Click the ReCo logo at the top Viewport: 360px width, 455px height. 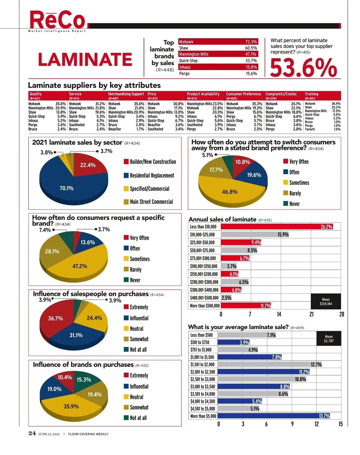(x=58, y=20)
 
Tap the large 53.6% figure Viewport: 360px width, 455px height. (x=304, y=68)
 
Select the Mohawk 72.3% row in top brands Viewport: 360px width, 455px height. (x=218, y=42)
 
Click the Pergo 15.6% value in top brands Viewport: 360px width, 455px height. (x=251, y=74)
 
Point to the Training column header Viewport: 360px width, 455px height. (x=312, y=94)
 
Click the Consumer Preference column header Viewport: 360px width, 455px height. (x=243, y=94)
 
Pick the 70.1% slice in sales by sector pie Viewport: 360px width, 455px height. (x=66, y=188)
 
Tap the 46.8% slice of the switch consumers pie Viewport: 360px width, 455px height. (x=229, y=192)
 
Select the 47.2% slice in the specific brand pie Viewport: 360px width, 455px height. (x=79, y=266)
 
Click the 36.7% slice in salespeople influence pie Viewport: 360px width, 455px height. (x=55, y=318)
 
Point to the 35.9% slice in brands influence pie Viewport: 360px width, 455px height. (x=71, y=406)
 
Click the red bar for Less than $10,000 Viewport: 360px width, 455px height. (x=277, y=227)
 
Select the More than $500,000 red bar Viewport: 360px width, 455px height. (x=246, y=306)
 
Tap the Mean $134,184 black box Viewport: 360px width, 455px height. (x=326, y=301)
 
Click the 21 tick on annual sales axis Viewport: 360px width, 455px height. (x=311, y=314)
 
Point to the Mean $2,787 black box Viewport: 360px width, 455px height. (x=328, y=339)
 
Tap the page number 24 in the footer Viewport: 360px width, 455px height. (x=32, y=433)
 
